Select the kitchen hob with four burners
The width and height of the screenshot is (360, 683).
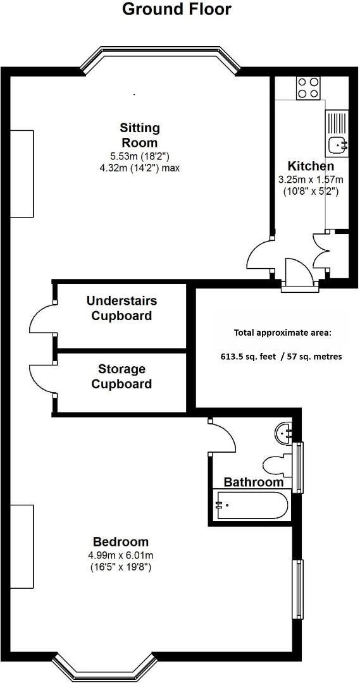pos(308,87)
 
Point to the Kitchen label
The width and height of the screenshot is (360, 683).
pos(311,166)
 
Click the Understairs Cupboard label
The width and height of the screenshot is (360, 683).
pos(121,308)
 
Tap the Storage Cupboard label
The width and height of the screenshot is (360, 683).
pos(121,376)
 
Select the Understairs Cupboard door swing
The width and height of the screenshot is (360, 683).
pos(42,318)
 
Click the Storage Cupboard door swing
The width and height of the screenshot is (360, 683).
pos(42,378)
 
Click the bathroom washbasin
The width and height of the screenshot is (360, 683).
pos(285,433)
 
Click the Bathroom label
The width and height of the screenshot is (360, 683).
pos(254,483)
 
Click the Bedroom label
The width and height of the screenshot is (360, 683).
pos(121,542)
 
